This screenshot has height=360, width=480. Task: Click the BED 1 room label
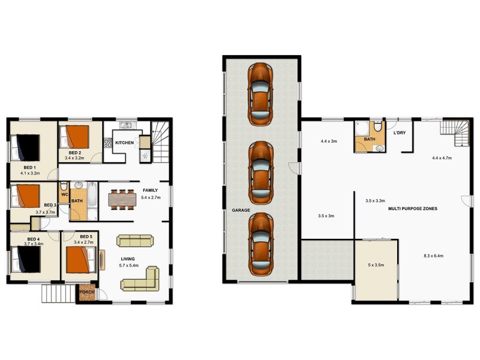[30, 167]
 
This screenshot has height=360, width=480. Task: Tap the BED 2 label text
[74, 153]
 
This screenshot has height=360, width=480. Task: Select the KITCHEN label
[124, 142]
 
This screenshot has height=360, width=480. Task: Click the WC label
[64, 194]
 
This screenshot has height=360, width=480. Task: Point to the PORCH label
[88, 293]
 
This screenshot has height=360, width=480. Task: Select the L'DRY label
[400, 133]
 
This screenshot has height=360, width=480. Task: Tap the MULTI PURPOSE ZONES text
[413, 208]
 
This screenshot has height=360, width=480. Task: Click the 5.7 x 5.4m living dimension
[129, 265]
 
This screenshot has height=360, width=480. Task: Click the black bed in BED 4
[27, 261]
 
